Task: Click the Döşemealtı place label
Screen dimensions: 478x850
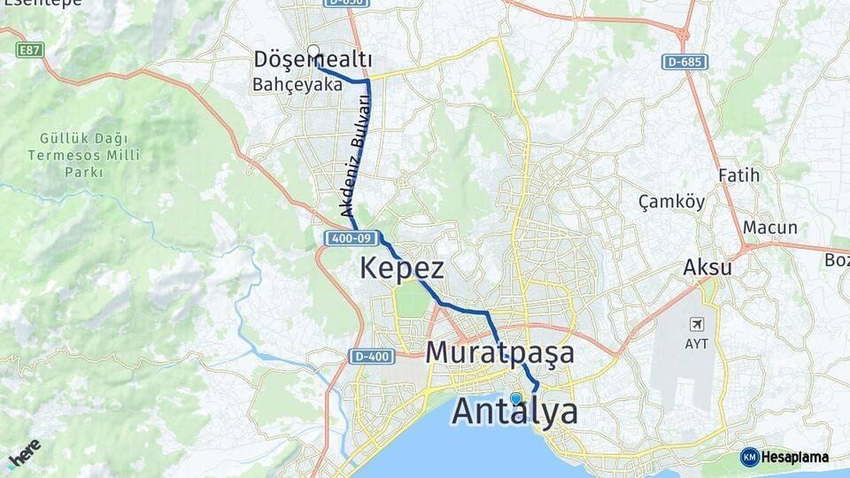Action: (x=313, y=59)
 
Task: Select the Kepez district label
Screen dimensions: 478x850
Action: (x=401, y=268)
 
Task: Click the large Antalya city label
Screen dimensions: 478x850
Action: (x=516, y=412)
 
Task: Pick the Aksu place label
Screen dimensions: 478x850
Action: (x=707, y=266)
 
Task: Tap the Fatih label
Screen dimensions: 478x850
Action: (x=738, y=175)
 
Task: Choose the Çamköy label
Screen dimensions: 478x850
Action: (x=671, y=202)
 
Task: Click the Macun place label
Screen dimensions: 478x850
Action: (x=769, y=227)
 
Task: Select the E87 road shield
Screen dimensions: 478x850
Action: (x=30, y=50)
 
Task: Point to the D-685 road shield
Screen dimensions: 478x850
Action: (x=684, y=61)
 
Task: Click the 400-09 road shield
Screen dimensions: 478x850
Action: (x=352, y=238)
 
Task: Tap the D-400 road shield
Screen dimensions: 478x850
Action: (x=367, y=356)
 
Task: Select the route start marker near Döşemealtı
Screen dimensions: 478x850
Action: (x=313, y=50)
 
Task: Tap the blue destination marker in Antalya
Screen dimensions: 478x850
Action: (x=515, y=398)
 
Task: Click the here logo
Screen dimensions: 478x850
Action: (x=24, y=451)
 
